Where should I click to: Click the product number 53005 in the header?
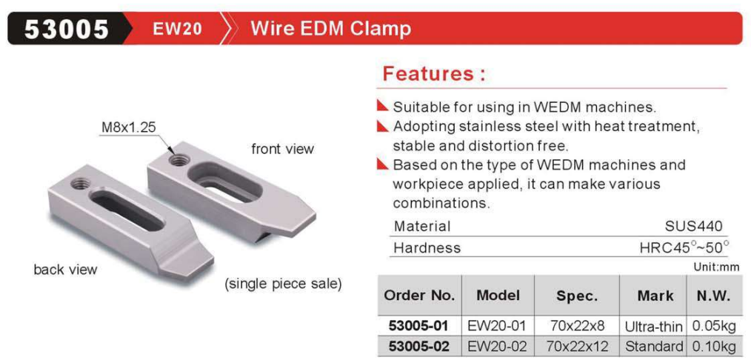[x=67, y=29]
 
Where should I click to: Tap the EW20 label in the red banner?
[x=177, y=29]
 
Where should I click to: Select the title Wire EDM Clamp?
[x=331, y=29]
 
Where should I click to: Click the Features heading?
[x=434, y=74]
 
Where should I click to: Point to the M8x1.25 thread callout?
[x=128, y=128]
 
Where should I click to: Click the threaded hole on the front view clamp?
[x=178, y=160]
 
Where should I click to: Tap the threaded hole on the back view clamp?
[x=79, y=183]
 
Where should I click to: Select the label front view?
[x=283, y=149]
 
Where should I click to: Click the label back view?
[x=65, y=270]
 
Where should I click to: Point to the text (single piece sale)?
[x=284, y=284]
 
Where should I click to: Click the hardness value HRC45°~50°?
[x=684, y=247]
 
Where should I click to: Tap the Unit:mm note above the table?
[x=716, y=267]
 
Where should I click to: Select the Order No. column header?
[x=419, y=296]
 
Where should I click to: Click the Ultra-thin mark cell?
[x=654, y=327]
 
